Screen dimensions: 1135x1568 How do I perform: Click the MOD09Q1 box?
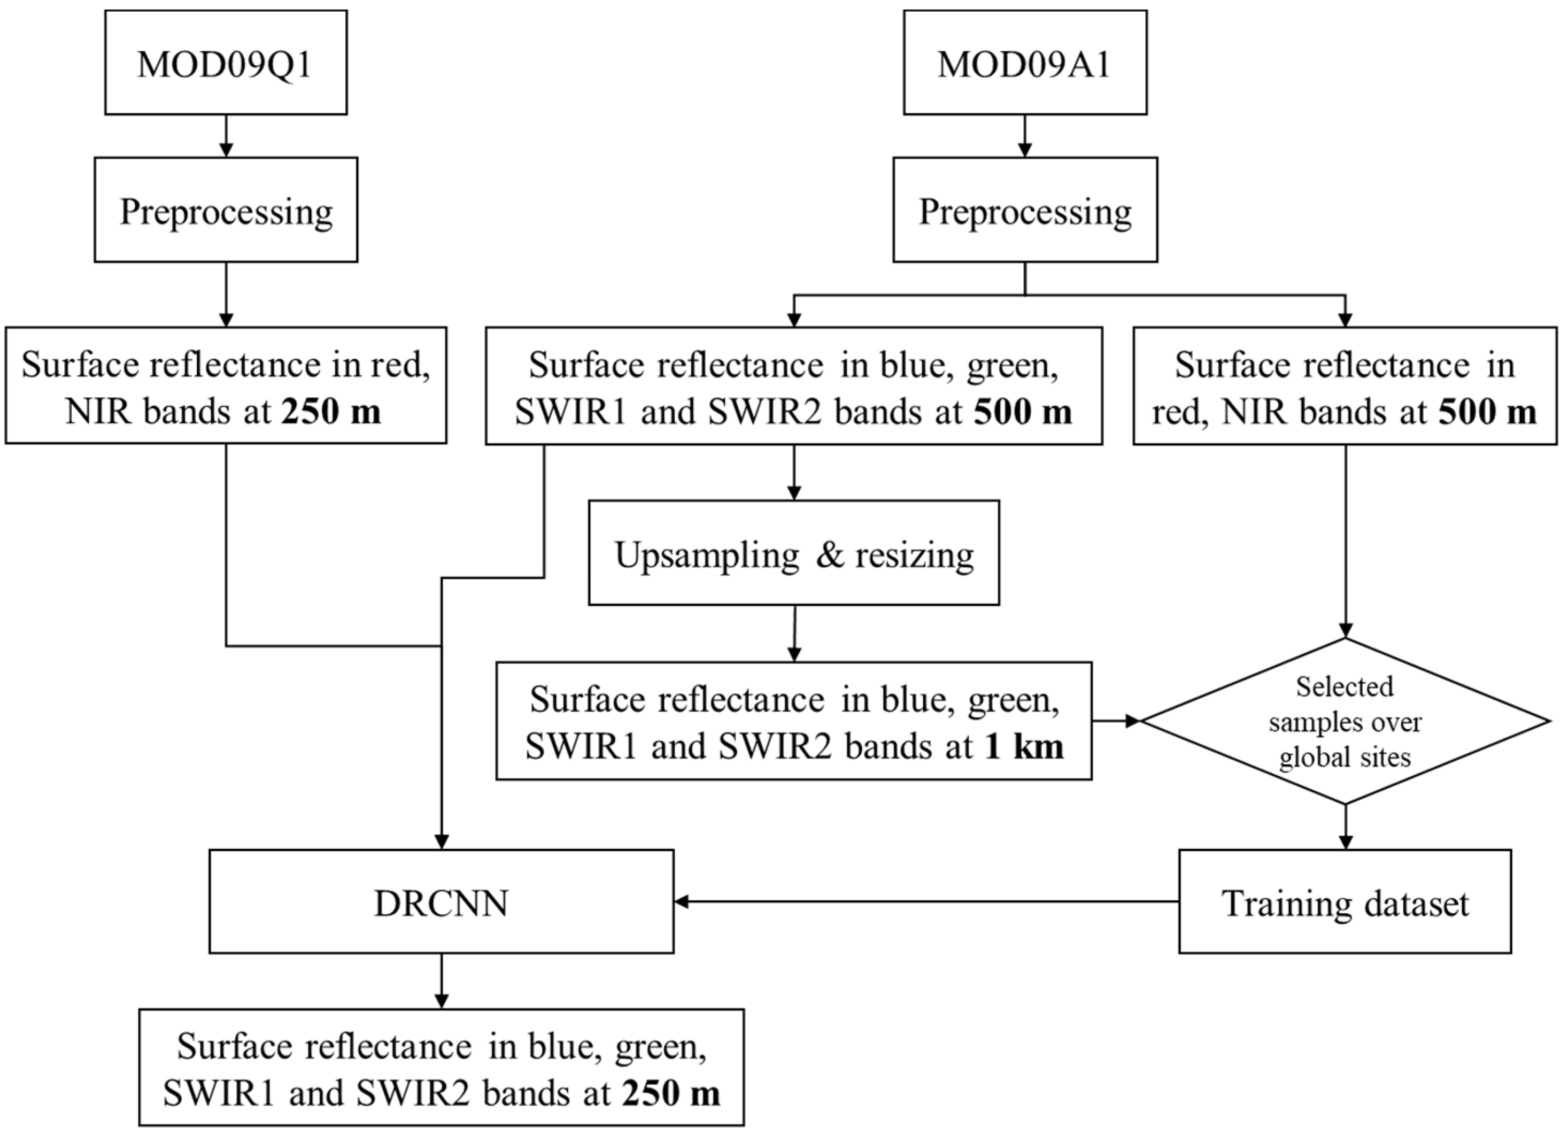coord(226,62)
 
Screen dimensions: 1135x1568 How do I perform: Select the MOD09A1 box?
coord(1025,62)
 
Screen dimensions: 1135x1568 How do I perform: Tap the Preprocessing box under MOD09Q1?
coord(226,210)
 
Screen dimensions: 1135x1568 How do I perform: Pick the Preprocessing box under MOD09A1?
coord(1025,210)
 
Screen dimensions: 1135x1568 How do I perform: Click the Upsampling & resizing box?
coord(794,553)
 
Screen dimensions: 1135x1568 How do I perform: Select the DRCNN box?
coord(441,901)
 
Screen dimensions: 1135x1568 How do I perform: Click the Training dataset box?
coord(1345,901)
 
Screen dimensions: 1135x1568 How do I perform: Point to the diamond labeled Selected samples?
coord(1345,721)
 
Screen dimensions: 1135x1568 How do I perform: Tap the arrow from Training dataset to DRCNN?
coord(926,901)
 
